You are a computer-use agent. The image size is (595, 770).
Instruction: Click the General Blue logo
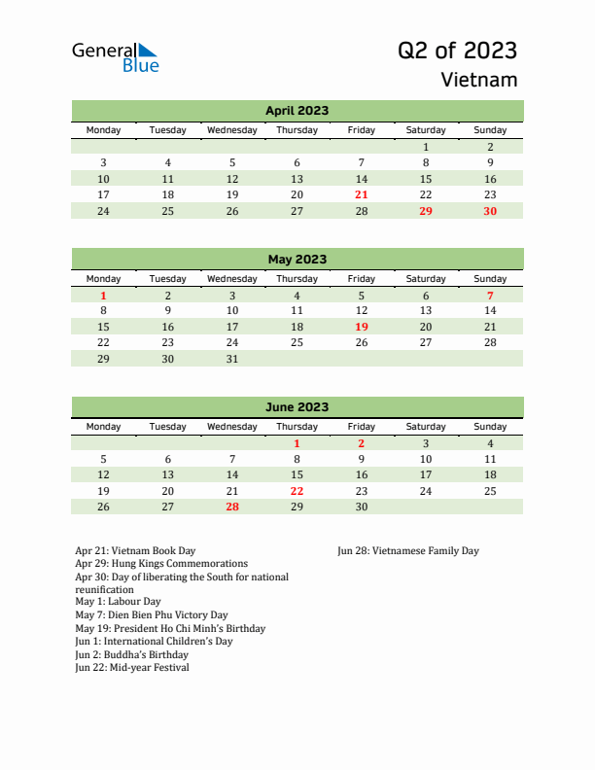[x=115, y=56]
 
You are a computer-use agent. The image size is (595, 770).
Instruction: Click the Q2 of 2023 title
[x=457, y=51]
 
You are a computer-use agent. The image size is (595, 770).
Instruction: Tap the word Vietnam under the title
[x=478, y=80]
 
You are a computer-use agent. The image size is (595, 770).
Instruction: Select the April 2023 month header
[x=297, y=111]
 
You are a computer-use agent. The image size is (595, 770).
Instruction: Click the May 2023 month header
[x=297, y=260]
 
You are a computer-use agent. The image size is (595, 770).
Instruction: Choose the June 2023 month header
[x=297, y=407]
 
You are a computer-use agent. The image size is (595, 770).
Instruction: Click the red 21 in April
[x=361, y=194]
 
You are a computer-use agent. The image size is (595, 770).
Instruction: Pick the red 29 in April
[x=425, y=211]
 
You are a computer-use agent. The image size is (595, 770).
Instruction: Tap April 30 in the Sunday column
[x=490, y=211]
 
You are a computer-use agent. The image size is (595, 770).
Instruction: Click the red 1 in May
[x=104, y=295]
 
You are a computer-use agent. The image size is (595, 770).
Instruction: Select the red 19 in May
[x=361, y=327]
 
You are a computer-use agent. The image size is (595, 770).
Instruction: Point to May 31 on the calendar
[x=232, y=359]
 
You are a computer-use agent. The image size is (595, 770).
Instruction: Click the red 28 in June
[x=232, y=507]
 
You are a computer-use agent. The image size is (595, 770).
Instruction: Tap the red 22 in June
[x=297, y=491]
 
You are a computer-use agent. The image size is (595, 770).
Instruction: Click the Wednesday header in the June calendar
[x=232, y=427]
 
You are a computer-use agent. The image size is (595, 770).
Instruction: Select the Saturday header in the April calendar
[x=425, y=130]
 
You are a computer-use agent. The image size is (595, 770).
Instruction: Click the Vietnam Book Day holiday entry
[x=135, y=551]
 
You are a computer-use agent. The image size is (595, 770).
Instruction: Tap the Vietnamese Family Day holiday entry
[x=408, y=551]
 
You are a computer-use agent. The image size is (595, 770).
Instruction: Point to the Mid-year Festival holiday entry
[x=132, y=668]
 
